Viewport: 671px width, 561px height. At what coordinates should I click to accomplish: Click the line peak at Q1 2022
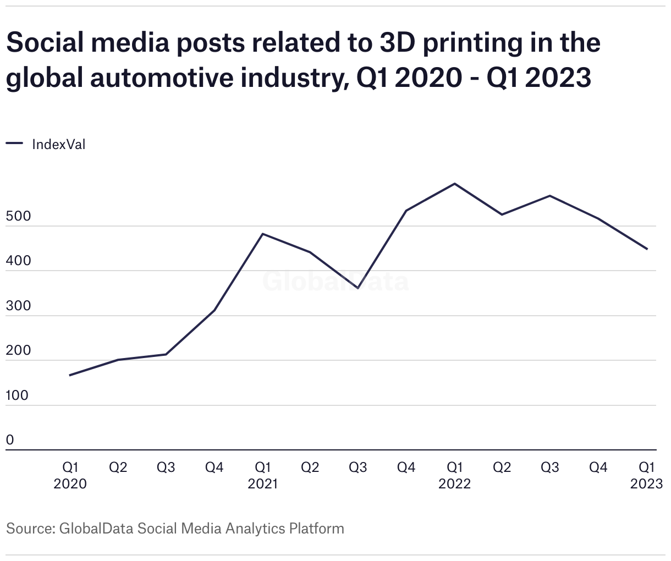point(454,184)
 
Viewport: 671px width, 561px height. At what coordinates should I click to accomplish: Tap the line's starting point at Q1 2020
point(70,375)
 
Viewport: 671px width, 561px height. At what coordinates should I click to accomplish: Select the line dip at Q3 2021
point(358,288)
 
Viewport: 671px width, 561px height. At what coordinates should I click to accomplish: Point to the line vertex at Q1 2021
point(262,234)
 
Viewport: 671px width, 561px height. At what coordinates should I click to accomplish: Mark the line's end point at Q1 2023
point(647,249)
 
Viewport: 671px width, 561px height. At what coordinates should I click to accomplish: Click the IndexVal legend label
point(59,145)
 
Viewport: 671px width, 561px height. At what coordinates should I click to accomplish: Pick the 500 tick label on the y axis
point(19,216)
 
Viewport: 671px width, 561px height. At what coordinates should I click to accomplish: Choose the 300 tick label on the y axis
point(19,306)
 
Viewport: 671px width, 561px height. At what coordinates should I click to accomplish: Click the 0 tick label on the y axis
point(10,440)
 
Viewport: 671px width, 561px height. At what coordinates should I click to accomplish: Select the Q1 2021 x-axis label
point(262,475)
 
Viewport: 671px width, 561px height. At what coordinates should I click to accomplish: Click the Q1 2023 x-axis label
point(646,475)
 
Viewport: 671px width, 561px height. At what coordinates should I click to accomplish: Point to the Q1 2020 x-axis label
point(70,475)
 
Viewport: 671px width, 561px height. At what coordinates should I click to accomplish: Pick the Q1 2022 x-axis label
point(454,475)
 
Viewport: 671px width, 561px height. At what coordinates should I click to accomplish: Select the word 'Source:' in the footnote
point(30,529)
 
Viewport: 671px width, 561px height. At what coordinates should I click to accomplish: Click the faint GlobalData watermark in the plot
point(335,281)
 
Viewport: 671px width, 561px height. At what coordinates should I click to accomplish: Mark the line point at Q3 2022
point(550,196)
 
